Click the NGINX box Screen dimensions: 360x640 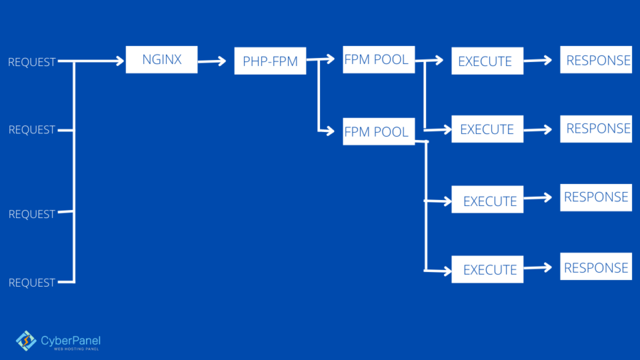click(161, 60)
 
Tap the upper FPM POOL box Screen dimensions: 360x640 click(379, 60)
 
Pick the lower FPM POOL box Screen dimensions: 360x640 click(379, 131)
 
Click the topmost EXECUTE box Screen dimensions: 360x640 click(487, 61)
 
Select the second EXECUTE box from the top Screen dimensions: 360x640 click(487, 129)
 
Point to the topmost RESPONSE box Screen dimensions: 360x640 click(596, 60)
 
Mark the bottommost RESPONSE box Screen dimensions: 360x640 click(596, 267)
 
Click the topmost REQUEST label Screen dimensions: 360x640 click(31, 62)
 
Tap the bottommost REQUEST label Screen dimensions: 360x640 click(31, 283)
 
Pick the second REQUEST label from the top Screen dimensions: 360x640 click(31, 130)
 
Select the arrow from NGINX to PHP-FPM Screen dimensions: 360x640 click(213, 61)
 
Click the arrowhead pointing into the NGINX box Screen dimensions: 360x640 click(120, 61)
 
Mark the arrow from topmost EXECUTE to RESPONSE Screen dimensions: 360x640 click(538, 61)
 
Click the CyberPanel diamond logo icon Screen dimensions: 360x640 click(26, 341)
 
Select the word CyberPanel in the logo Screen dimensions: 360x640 click(71, 340)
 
